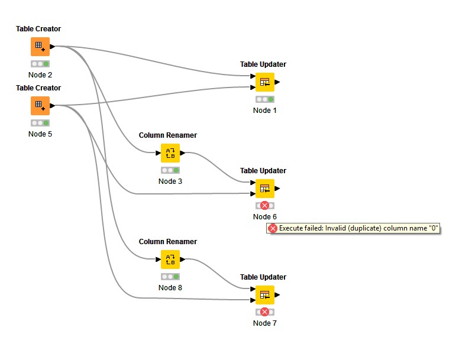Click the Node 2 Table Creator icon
coord(40,47)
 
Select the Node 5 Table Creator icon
coord(40,106)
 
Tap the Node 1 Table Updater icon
coord(265,82)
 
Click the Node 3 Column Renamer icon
coord(170,153)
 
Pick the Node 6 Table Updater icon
coord(265,189)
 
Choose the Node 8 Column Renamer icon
coord(170,260)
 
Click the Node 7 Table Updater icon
coord(265,295)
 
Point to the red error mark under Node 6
coord(264,206)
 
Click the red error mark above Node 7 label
coord(264,312)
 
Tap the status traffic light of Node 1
coord(265,99)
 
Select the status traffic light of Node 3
coord(170,170)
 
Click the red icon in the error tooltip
coord(273,229)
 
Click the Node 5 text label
coord(40,134)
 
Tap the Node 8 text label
coord(170,288)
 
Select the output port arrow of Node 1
coord(277,82)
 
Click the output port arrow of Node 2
coord(53,47)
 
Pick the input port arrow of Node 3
coord(159,153)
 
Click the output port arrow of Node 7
coord(277,295)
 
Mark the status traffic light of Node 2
coord(40,64)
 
